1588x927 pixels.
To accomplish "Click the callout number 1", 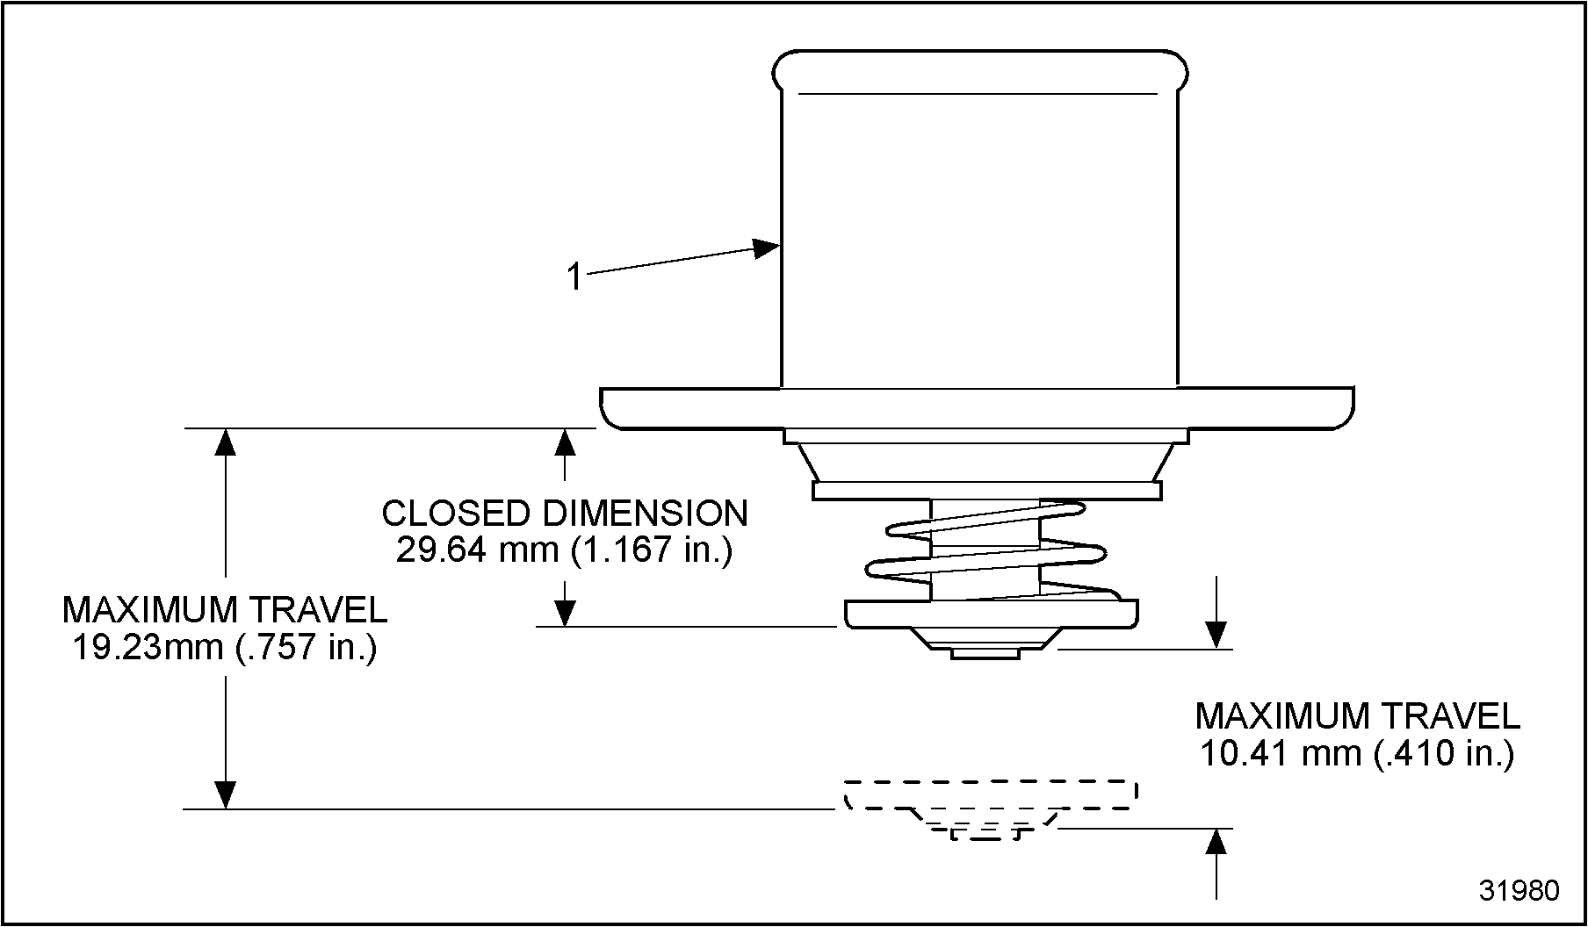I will (x=574, y=277).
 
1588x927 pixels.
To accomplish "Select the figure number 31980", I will (x=1519, y=890).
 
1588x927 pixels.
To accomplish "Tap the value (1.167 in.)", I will (x=651, y=550).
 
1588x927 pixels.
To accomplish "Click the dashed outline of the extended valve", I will (x=991, y=794).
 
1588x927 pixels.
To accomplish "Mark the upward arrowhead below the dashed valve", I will (x=1216, y=842).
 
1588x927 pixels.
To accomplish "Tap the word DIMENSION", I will (x=645, y=514).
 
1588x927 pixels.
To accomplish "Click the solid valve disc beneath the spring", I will (x=991, y=613).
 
